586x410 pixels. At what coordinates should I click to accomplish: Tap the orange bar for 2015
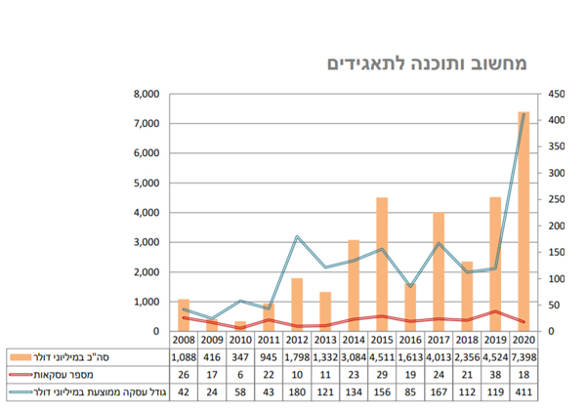point(382,265)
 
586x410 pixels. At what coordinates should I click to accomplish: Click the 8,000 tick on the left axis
point(144,95)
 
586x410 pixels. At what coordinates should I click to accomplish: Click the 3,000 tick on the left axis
point(144,242)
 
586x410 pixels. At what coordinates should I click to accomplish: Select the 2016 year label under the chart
point(410,341)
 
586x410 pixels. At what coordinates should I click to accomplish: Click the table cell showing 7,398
point(523,358)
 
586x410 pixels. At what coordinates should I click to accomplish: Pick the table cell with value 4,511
point(382,358)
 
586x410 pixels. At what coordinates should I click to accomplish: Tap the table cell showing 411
point(523,392)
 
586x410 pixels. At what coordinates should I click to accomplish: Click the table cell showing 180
point(297,392)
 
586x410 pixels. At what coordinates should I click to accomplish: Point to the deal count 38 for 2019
point(495,375)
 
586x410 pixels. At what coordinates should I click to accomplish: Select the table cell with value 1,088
point(184,358)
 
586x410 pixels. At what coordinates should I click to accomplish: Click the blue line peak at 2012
point(297,237)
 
